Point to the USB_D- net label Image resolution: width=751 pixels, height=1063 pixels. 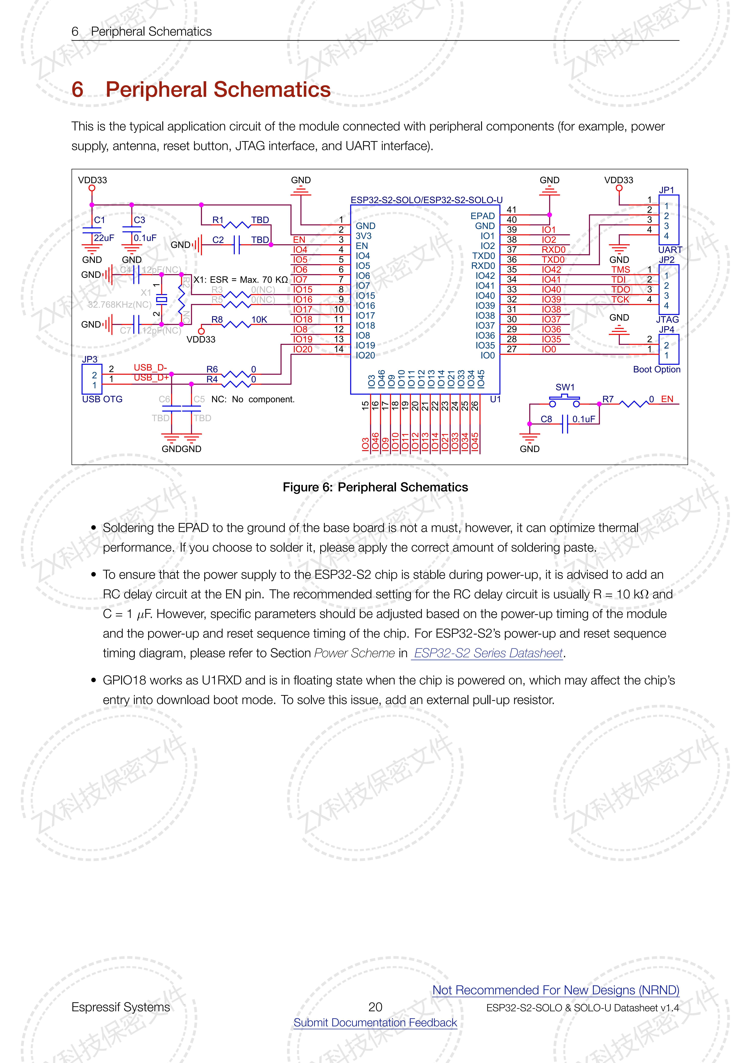pyautogui.click(x=150, y=368)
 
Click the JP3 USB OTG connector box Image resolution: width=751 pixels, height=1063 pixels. pyautogui.click(x=92, y=379)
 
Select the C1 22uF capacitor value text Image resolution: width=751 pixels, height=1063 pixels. pyautogui.click(x=104, y=238)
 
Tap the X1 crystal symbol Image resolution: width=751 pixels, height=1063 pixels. pyautogui.click(x=161, y=300)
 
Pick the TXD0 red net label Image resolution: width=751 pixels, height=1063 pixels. pyautogui.click(x=553, y=260)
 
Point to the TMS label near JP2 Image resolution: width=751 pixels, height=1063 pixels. pyautogui.click(x=621, y=269)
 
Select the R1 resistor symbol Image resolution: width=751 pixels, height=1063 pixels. pyautogui.click(x=237, y=225)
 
